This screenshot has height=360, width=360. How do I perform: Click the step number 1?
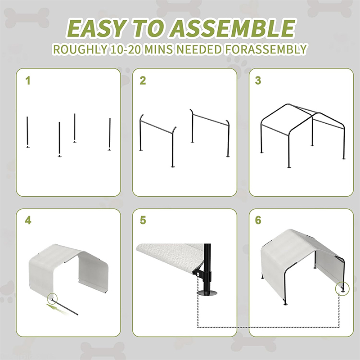(28, 81)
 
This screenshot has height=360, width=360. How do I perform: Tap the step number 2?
(143, 81)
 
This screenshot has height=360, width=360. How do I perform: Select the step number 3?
(258, 81)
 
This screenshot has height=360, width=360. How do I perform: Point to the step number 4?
(28, 220)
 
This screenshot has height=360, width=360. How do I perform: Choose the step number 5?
(143, 220)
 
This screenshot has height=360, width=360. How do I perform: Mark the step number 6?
(258, 220)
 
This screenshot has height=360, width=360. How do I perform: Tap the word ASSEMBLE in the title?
(232, 28)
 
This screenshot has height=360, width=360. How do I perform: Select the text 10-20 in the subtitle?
(125, 49)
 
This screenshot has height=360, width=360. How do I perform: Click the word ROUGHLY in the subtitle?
(81, 49)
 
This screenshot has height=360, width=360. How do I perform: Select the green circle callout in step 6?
(342, 289)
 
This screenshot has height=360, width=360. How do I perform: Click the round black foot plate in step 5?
(207, 293)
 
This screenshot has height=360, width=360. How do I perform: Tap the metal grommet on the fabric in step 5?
(197, 274)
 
